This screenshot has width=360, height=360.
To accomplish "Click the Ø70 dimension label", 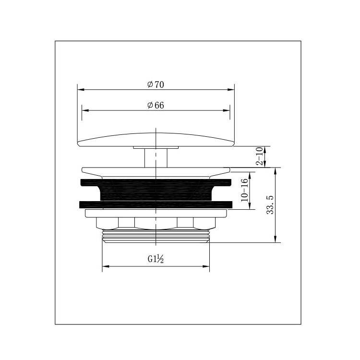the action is tap(156, 84).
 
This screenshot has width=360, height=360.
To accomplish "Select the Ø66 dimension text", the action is tap(156, 106).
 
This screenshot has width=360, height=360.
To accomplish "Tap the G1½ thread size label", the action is tap(156, 259).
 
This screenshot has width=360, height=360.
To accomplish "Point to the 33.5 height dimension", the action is tap(270, 205).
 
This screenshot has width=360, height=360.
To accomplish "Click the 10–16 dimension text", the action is tap(244, 190).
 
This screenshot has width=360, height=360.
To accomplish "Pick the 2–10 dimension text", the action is tap(259, 156).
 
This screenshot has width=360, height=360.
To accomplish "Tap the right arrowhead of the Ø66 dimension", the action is tap(227, 110).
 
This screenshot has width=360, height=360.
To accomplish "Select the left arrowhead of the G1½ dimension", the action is tap(106, 266).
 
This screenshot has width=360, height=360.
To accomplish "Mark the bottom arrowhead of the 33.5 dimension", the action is tap(276, 239).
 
